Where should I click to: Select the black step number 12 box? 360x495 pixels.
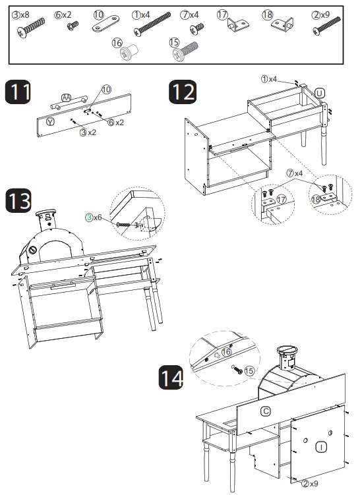[x=183, y=92]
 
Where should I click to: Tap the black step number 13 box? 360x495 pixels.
[x=18, y=200]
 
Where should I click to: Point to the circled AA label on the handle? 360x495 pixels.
[x=65, y=98]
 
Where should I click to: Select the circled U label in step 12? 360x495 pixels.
[x=320, y=92]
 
